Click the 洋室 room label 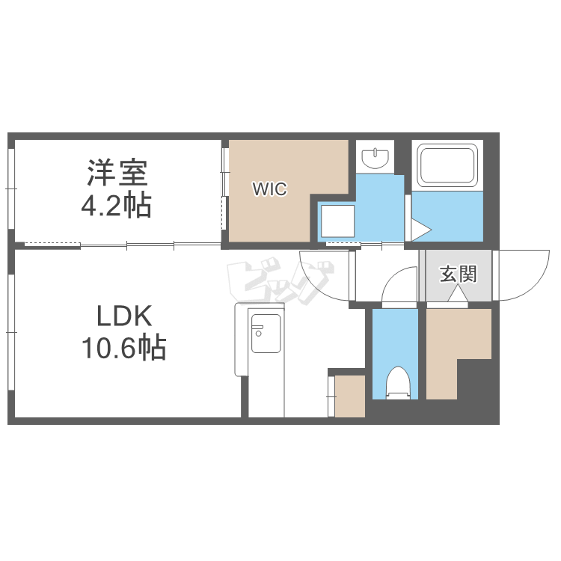[x=117, y=173]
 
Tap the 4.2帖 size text [x=116, y=206]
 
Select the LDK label [x=124, y=315]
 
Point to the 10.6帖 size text [x=123, y=346]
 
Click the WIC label [x=270, y=189]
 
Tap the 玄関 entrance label [x=459, y=274]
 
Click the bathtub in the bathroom [x=447, y=165]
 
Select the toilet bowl [x=398, y=382]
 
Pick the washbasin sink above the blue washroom [x=375, y=157]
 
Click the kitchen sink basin [x=266, y=334]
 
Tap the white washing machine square [x=338, y=221]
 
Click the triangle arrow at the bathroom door [x=421, y=230]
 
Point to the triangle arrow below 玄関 [x=458, y=292]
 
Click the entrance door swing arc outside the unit [x=533, y=287]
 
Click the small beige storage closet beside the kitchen [x=350, y=396]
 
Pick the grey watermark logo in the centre [x=280, y=281]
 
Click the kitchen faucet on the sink [x=257, y=330]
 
